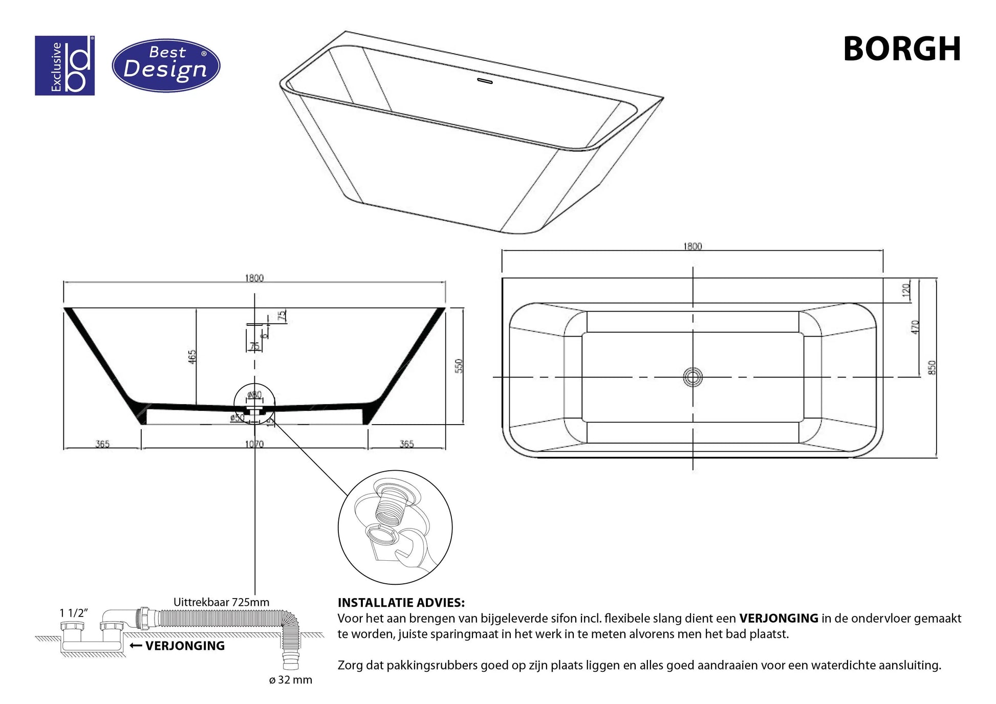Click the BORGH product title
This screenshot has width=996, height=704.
tap(901, 49)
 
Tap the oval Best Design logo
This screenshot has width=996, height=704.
tap(166, 65)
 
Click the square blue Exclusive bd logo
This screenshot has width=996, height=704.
tap(64, 65)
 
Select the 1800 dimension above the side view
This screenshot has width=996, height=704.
tap(254, 278)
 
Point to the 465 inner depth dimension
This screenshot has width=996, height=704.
tap(191, 357)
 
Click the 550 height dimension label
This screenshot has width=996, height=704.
tap(459, 366)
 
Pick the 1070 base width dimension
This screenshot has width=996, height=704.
tap(254, 444)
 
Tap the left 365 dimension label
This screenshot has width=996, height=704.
tap(102, 444)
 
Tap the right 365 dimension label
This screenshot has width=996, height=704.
tap(406, 444)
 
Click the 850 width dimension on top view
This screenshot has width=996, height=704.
tap(932, 367)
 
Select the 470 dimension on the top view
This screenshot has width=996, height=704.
tap(915, 327)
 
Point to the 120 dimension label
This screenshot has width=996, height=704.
tap(906, 291)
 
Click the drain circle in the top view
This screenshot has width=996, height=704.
tap(692, 378)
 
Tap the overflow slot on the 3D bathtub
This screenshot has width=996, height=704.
tap(484, 81)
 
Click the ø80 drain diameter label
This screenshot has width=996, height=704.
tap(254, 394)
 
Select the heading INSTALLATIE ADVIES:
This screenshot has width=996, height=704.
tap(401, 603)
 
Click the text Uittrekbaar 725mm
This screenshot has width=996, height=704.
tap(221, 602)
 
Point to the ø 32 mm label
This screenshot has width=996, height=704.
tap(290, 680)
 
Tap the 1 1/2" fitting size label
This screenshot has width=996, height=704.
tap(74, 612)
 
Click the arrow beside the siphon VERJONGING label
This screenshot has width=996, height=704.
tap(136, 646)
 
